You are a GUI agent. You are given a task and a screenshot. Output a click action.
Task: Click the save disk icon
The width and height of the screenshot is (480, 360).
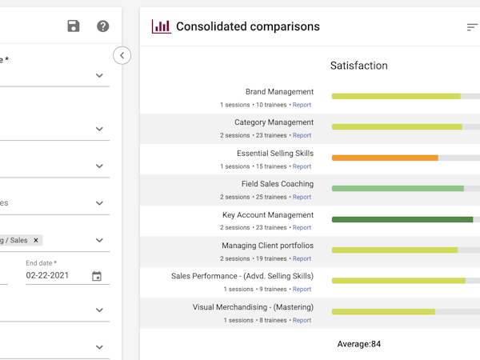tap(74, 26)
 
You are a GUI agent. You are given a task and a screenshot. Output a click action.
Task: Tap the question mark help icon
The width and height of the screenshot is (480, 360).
tap(102, 26)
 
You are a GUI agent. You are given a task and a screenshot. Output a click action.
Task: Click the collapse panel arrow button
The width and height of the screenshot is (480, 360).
tap(122, 55)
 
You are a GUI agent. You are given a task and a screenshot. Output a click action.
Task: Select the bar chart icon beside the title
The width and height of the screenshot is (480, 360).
tap(161, 26)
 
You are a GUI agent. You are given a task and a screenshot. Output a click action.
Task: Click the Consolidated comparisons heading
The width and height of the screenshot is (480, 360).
tap(247, 26)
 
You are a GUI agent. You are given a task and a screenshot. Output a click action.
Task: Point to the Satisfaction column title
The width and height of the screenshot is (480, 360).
tap(358, 66)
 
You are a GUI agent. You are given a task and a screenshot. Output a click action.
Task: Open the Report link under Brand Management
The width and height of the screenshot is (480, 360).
tap(302, 105)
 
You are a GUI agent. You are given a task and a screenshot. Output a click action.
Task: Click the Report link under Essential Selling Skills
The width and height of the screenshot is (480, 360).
tap(302, 166)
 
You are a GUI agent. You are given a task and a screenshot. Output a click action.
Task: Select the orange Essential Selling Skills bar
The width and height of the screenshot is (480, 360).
tap(385, 158)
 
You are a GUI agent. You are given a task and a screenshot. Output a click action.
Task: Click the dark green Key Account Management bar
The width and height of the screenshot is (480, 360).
tap(402, 219)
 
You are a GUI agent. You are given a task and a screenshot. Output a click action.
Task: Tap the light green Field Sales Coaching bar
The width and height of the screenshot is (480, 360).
tap(398, 189)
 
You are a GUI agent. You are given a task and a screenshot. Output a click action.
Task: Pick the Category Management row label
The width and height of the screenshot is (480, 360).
tap(274, 122)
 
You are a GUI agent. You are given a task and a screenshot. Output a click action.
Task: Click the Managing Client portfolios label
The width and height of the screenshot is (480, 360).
tap(267, 246)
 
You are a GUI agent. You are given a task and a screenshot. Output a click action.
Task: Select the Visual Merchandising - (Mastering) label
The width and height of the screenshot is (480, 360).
tap(253, 307)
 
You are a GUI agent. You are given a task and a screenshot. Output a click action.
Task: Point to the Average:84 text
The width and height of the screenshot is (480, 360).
tap(358, 344)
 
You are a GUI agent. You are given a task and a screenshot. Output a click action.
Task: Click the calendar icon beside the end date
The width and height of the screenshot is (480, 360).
tap(97, 276)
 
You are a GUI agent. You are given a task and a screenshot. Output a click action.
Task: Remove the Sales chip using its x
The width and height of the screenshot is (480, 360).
tap(36, 240)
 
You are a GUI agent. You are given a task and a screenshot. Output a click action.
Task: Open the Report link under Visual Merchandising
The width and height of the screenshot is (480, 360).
tap(302, 320)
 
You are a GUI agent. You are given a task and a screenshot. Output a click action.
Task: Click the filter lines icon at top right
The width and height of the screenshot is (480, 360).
tap(472, 27)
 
